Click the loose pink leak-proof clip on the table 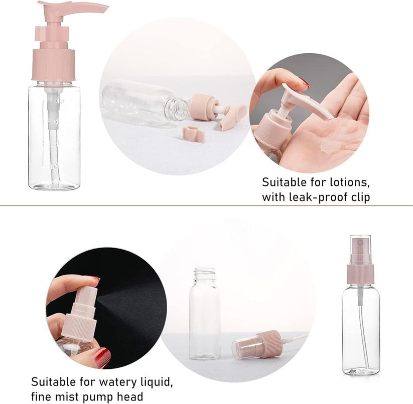click(x=194, y=134)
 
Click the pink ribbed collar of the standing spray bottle click(x=360, y=274)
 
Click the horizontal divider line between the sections click(x=206, y=206)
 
